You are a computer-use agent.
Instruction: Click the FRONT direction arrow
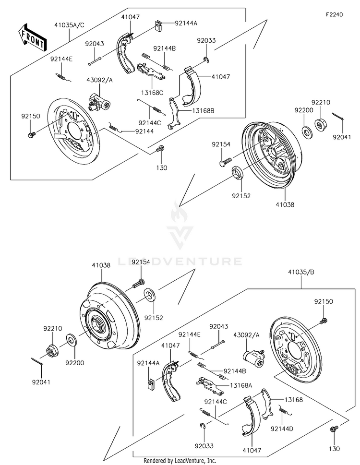(32, 37)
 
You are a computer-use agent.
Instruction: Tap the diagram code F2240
(334, 14)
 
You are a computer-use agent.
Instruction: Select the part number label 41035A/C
(69, 25)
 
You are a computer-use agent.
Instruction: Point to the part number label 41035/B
(301, 272)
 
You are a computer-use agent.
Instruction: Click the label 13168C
(152, 93)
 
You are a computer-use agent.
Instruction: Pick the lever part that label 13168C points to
(151, 71)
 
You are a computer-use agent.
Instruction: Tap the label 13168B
(203, 111)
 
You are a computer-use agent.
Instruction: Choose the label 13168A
(241, 385)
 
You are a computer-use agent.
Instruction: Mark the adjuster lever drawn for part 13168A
(210, 385)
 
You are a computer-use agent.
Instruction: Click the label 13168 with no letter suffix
(294, 400)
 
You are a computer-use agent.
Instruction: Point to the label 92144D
(282, 429)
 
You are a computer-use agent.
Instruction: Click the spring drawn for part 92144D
(285, 411)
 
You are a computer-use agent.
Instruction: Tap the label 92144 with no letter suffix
(144, 131)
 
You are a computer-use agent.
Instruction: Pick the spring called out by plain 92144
(115, 127)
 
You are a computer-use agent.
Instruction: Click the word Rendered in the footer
(154, 461)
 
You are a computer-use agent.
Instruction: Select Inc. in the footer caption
(211, 461)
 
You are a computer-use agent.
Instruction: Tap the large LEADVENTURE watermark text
(180, 261)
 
